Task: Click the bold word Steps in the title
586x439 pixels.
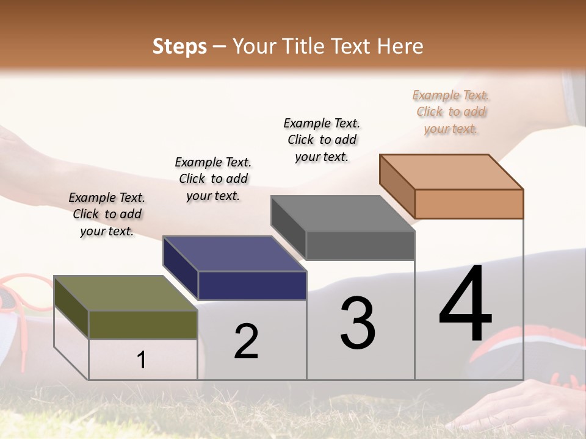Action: pos(179,46)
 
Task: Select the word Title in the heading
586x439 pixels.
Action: pos(306,46)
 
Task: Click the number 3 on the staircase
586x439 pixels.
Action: pos(358,323)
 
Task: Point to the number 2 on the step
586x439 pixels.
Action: pos(246,341)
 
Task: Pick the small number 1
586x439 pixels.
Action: pos(142,360)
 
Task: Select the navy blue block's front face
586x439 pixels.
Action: pos(252,285)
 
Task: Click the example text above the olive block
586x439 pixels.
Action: pos(107,214)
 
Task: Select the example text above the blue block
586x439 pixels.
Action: pos(213,179)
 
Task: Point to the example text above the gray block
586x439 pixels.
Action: pos(322,140)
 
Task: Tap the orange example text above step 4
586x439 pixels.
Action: pos(451,112)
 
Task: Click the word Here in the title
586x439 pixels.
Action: pos(400,46)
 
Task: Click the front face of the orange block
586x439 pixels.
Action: pos(469,204)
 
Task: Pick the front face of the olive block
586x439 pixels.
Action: pos(143,324)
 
